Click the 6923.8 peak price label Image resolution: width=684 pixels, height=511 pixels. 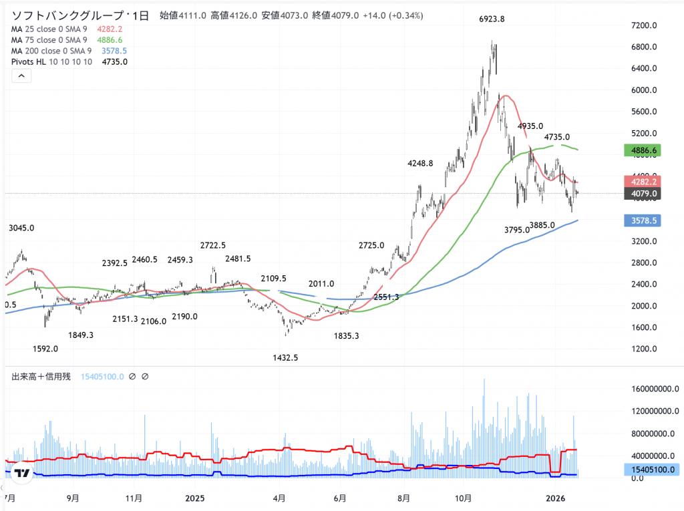point(492,19)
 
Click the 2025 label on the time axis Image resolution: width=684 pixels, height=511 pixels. point(194,498)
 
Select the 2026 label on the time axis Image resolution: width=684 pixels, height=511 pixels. point(556,498)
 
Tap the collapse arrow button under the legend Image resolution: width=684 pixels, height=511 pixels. point(21,77)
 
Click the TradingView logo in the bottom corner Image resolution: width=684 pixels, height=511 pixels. point(21,474)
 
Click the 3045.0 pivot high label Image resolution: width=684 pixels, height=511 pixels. point(21,228)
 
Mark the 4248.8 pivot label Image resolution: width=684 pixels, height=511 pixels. point(420,163)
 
